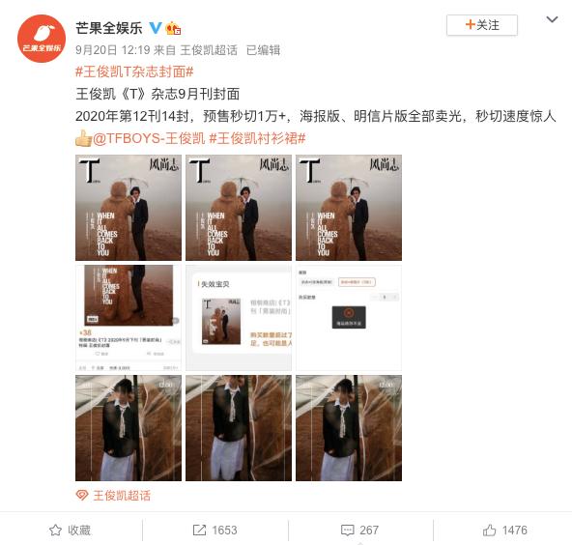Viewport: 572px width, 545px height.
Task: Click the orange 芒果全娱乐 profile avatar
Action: (42, 39)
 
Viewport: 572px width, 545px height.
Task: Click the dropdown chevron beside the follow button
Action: (552, 21)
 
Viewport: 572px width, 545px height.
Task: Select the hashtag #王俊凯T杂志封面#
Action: (134, 72)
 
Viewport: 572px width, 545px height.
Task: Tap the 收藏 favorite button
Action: (71, 530)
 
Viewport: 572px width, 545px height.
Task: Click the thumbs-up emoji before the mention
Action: (83, 138)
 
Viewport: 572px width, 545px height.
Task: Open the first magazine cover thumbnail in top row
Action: (129, 208)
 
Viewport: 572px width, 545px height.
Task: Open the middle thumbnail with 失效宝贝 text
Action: (239, 318)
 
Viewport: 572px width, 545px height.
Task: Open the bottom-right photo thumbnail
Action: (348, 428)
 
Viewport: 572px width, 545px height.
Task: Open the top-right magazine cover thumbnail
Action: (348, 208)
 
